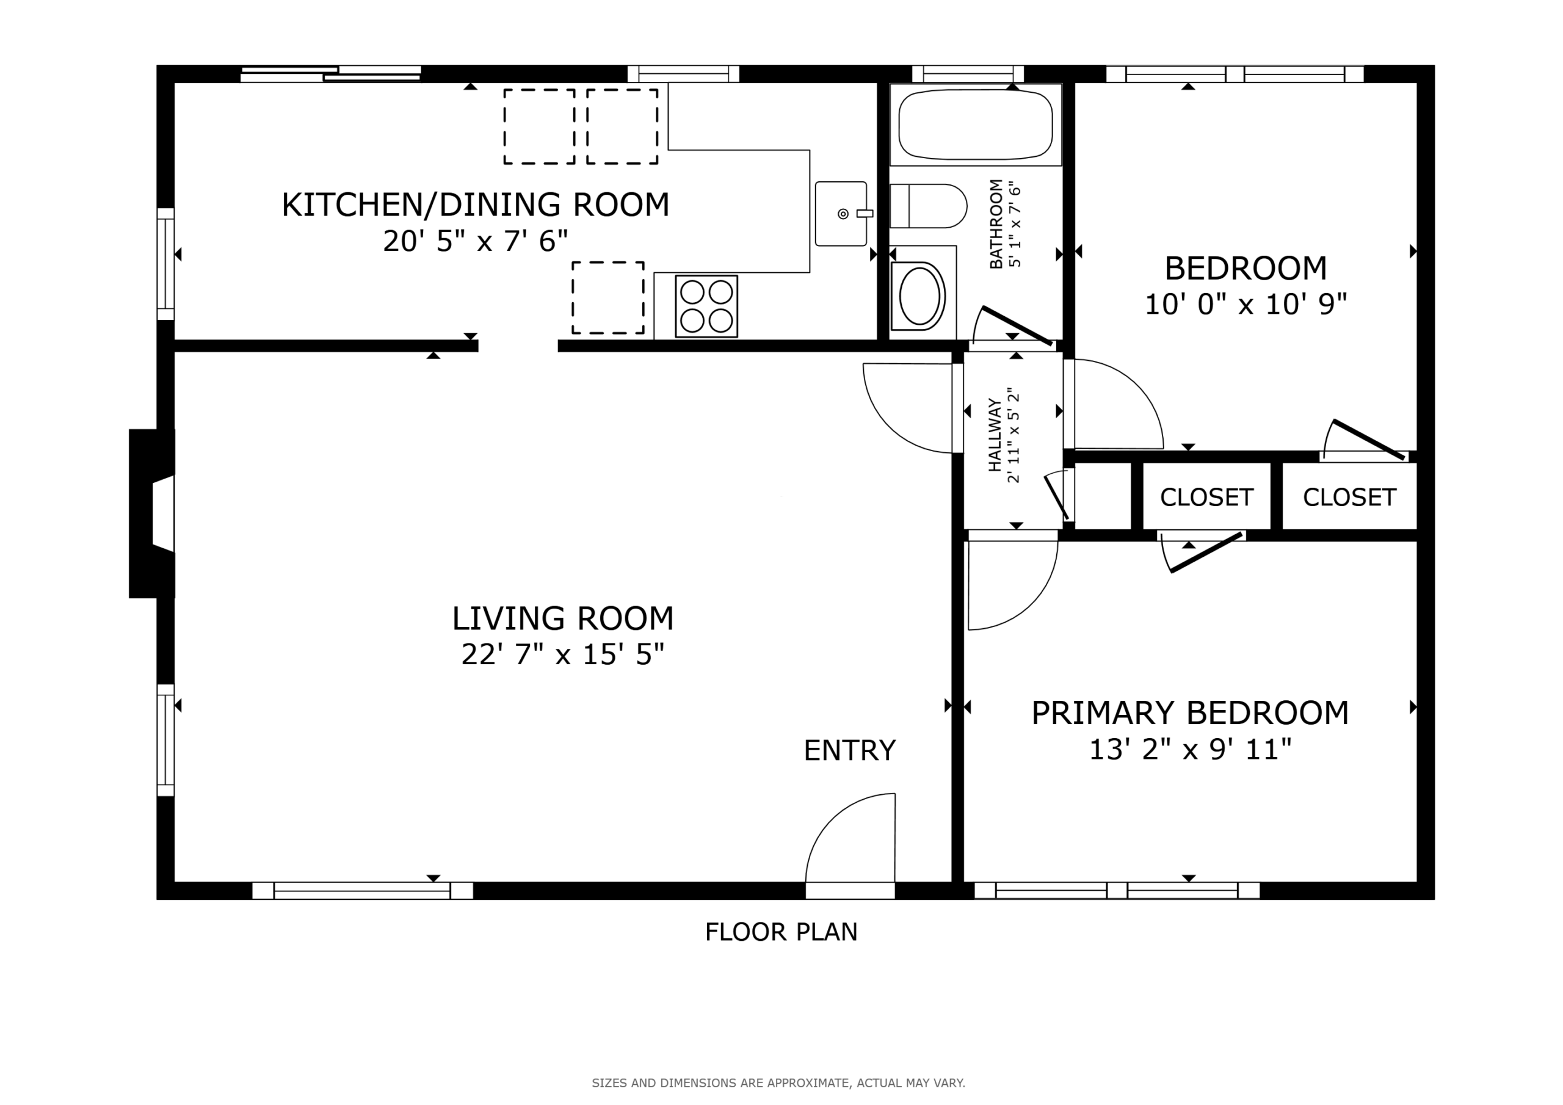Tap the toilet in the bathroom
click(x=928, y=206)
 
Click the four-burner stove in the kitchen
click(x=706, y=306)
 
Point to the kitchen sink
click(x=841, y=214)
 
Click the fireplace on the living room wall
click(x=152, y=513)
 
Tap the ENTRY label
click(x=849, y=750)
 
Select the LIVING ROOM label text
click(x=563, y=618)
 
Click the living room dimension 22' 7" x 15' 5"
click(x=562, y=654)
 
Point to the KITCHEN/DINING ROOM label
click(x=475, y=205)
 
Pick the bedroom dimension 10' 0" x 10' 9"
click(x=1246, y=305)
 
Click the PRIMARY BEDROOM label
click(x=1190, y=713)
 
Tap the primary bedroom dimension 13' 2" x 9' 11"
click(x=1190, y=750)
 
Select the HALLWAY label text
click(x=995, y=436)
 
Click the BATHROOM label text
click(x=995, y=224)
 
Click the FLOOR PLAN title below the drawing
click(x=781, y=932)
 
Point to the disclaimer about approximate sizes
click(x=778, y=1082)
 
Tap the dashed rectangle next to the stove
click(x=608, y=297)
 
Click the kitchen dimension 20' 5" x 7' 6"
click(x=475, y=241)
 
